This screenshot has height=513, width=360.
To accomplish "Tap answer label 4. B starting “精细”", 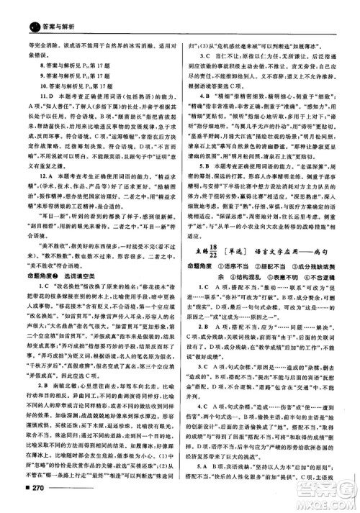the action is coord(199,94).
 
